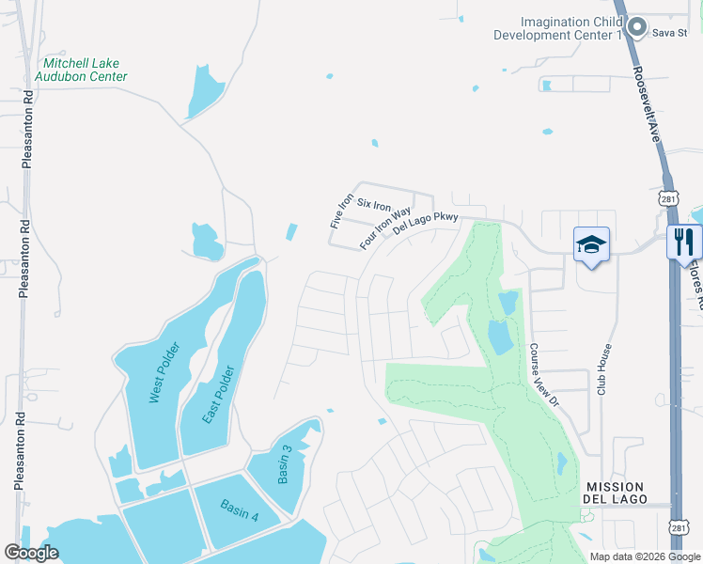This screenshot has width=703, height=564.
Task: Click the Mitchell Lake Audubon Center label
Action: [x=81, y=69]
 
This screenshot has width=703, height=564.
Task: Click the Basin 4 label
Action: [x=240, y=508]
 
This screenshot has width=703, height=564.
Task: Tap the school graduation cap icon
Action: [x=591, y=245]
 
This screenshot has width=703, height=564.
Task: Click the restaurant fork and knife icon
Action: [x=684, y=243]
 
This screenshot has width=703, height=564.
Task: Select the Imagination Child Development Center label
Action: [x=559, y=28]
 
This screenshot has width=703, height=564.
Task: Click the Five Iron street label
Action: [x=340, y=211]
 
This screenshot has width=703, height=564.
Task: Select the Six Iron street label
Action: [x=373, y=205]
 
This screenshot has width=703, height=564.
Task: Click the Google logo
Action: [x=31, y=553]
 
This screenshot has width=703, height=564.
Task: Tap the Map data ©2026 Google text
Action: [x=645, y=556]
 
